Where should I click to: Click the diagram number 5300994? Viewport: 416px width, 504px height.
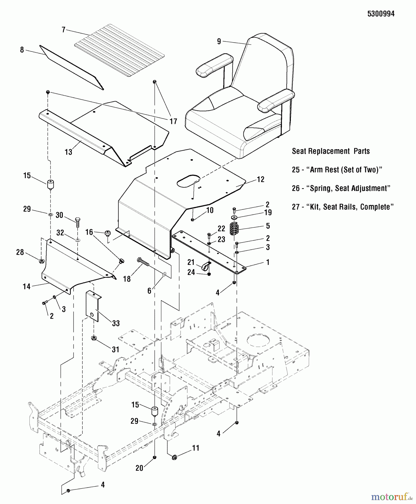coord(381,14)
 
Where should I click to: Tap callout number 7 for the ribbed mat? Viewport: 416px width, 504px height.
coord(64,30)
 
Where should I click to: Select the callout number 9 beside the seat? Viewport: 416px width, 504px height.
coord(219,41)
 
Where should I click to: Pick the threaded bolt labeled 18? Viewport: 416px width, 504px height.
coord(143,263)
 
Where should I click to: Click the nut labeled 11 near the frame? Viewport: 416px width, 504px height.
coord(174,457)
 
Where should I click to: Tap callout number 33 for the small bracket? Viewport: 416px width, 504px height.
coord(116,323)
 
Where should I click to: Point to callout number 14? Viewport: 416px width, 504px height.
coord(27,286)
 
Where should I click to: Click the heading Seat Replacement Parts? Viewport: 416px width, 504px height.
coord(331,151)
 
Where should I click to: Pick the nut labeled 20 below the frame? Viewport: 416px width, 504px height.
coord(154,458)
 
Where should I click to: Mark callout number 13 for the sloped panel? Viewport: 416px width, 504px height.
coord(68,152)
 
